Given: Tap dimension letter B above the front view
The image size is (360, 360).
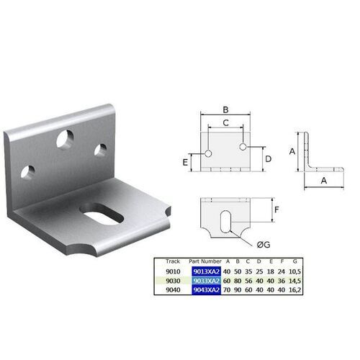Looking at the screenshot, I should (x=225, y=109).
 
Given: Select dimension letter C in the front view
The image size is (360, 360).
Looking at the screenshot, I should (x=225, y=123).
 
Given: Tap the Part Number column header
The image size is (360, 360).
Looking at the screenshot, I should (x=202, y=261).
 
